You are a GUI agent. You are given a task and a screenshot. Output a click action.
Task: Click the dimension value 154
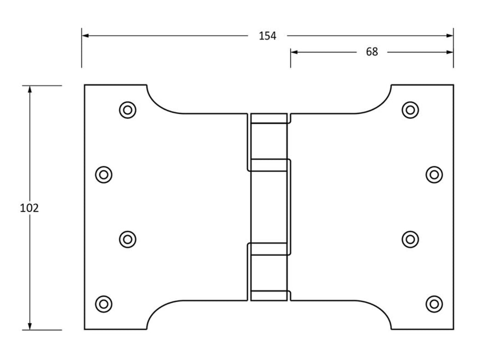tap(267, 36)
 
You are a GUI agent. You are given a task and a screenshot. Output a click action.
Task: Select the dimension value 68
tap(372, 52)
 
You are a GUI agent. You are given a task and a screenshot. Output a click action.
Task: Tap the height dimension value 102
tap(29, 208)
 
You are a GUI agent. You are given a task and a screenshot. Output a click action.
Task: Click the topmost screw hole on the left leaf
tap(128, 110)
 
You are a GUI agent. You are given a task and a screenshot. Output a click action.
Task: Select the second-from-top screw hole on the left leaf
tap(104, 174)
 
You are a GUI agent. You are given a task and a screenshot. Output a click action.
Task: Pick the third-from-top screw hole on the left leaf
tap(128, 239)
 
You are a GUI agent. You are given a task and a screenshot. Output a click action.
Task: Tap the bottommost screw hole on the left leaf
tap(104, 304)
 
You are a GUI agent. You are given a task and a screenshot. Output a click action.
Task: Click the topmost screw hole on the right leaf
tap(410, 110)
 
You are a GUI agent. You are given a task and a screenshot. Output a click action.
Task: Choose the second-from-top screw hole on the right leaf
tap(434, 174)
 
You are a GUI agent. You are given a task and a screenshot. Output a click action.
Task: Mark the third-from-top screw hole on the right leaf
tap(410, 239)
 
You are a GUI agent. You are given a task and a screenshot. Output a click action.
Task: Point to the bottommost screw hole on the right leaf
tap(434, 304)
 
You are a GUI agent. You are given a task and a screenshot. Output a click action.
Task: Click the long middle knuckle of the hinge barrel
tap(270, 207)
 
